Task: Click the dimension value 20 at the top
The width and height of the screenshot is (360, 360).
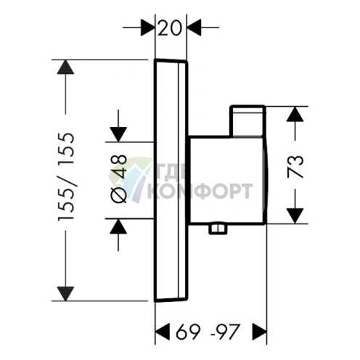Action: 169,28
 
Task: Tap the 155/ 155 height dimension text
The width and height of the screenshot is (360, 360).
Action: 66,176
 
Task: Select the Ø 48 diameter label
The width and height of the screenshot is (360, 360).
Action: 118,179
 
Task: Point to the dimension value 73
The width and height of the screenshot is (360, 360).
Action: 295,167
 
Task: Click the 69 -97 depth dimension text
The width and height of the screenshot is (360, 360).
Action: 208,332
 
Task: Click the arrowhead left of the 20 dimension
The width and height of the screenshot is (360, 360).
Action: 147,28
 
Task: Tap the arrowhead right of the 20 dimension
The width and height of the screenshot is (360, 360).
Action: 195,28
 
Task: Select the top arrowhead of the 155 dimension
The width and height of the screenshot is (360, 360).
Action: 65,67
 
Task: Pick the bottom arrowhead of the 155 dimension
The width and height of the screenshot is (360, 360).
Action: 65,294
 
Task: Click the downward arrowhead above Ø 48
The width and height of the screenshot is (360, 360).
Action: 118,134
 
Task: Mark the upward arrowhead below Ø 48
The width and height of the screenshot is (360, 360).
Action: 118,226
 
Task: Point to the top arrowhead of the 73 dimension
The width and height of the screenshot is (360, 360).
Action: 295,114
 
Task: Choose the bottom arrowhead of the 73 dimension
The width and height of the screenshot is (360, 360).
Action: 295,216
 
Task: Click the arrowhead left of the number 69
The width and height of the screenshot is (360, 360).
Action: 162,332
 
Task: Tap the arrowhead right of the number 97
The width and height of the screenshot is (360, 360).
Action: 259,332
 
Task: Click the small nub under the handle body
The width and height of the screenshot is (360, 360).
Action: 218,229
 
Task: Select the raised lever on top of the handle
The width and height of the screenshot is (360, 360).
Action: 247,121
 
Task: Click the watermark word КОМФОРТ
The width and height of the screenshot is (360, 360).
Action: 200,191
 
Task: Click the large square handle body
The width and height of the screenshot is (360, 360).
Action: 227,180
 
